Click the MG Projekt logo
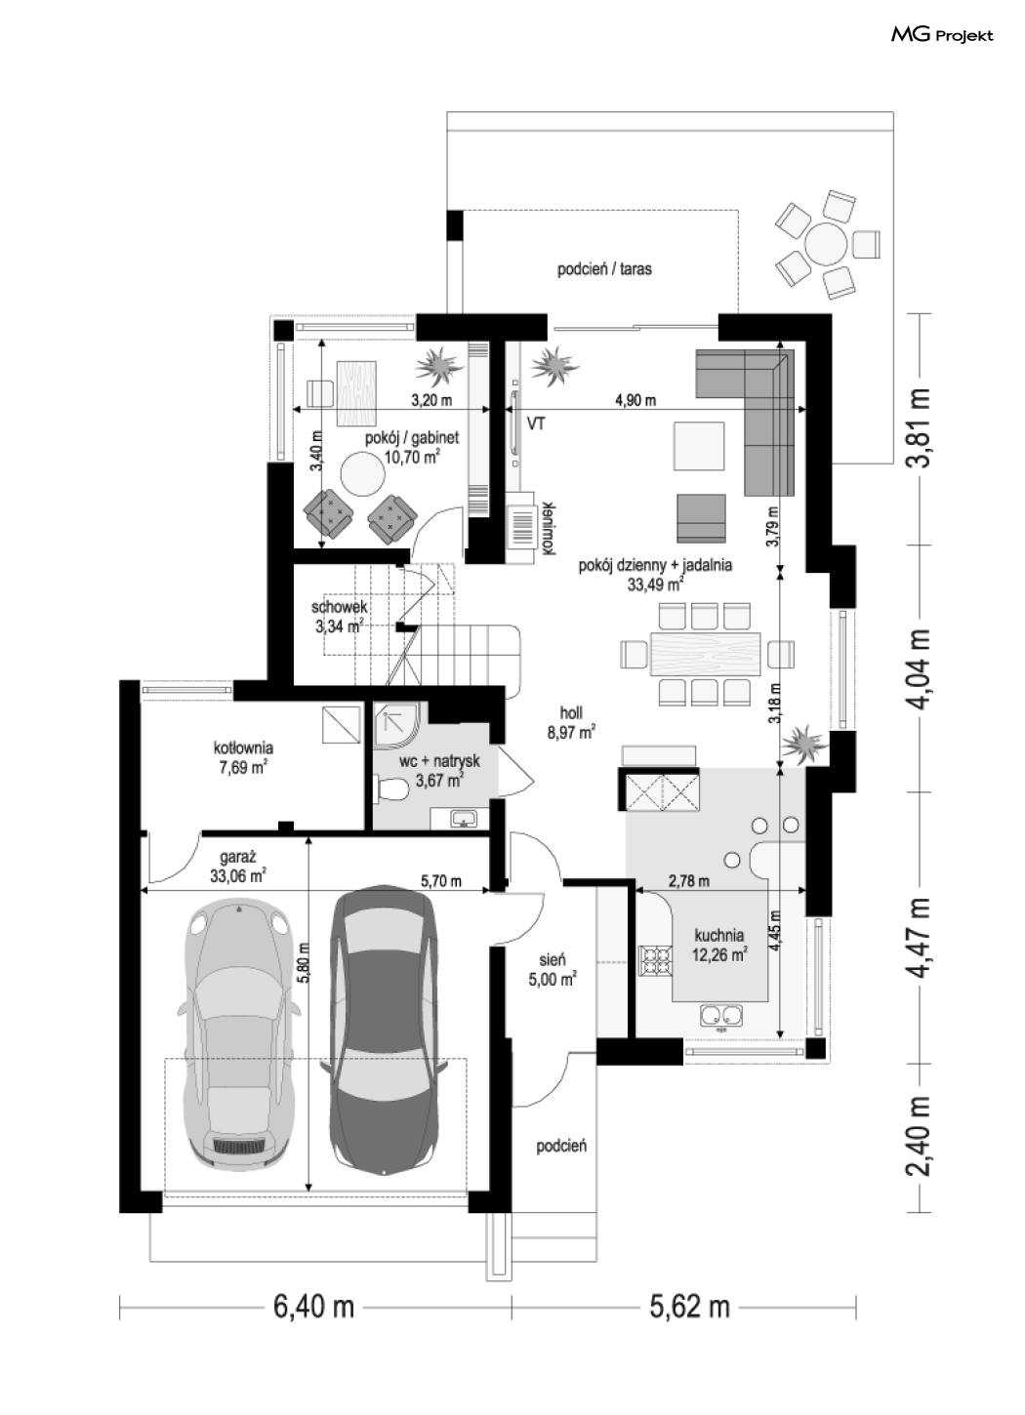[942, 35]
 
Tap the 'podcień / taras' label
[604, 269]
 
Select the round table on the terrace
[825, 243]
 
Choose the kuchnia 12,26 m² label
[719, 945]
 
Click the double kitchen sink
[721, 1017]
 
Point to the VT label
[535, 424]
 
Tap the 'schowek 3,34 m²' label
[339, 617]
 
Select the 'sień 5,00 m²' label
[553, 970]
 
